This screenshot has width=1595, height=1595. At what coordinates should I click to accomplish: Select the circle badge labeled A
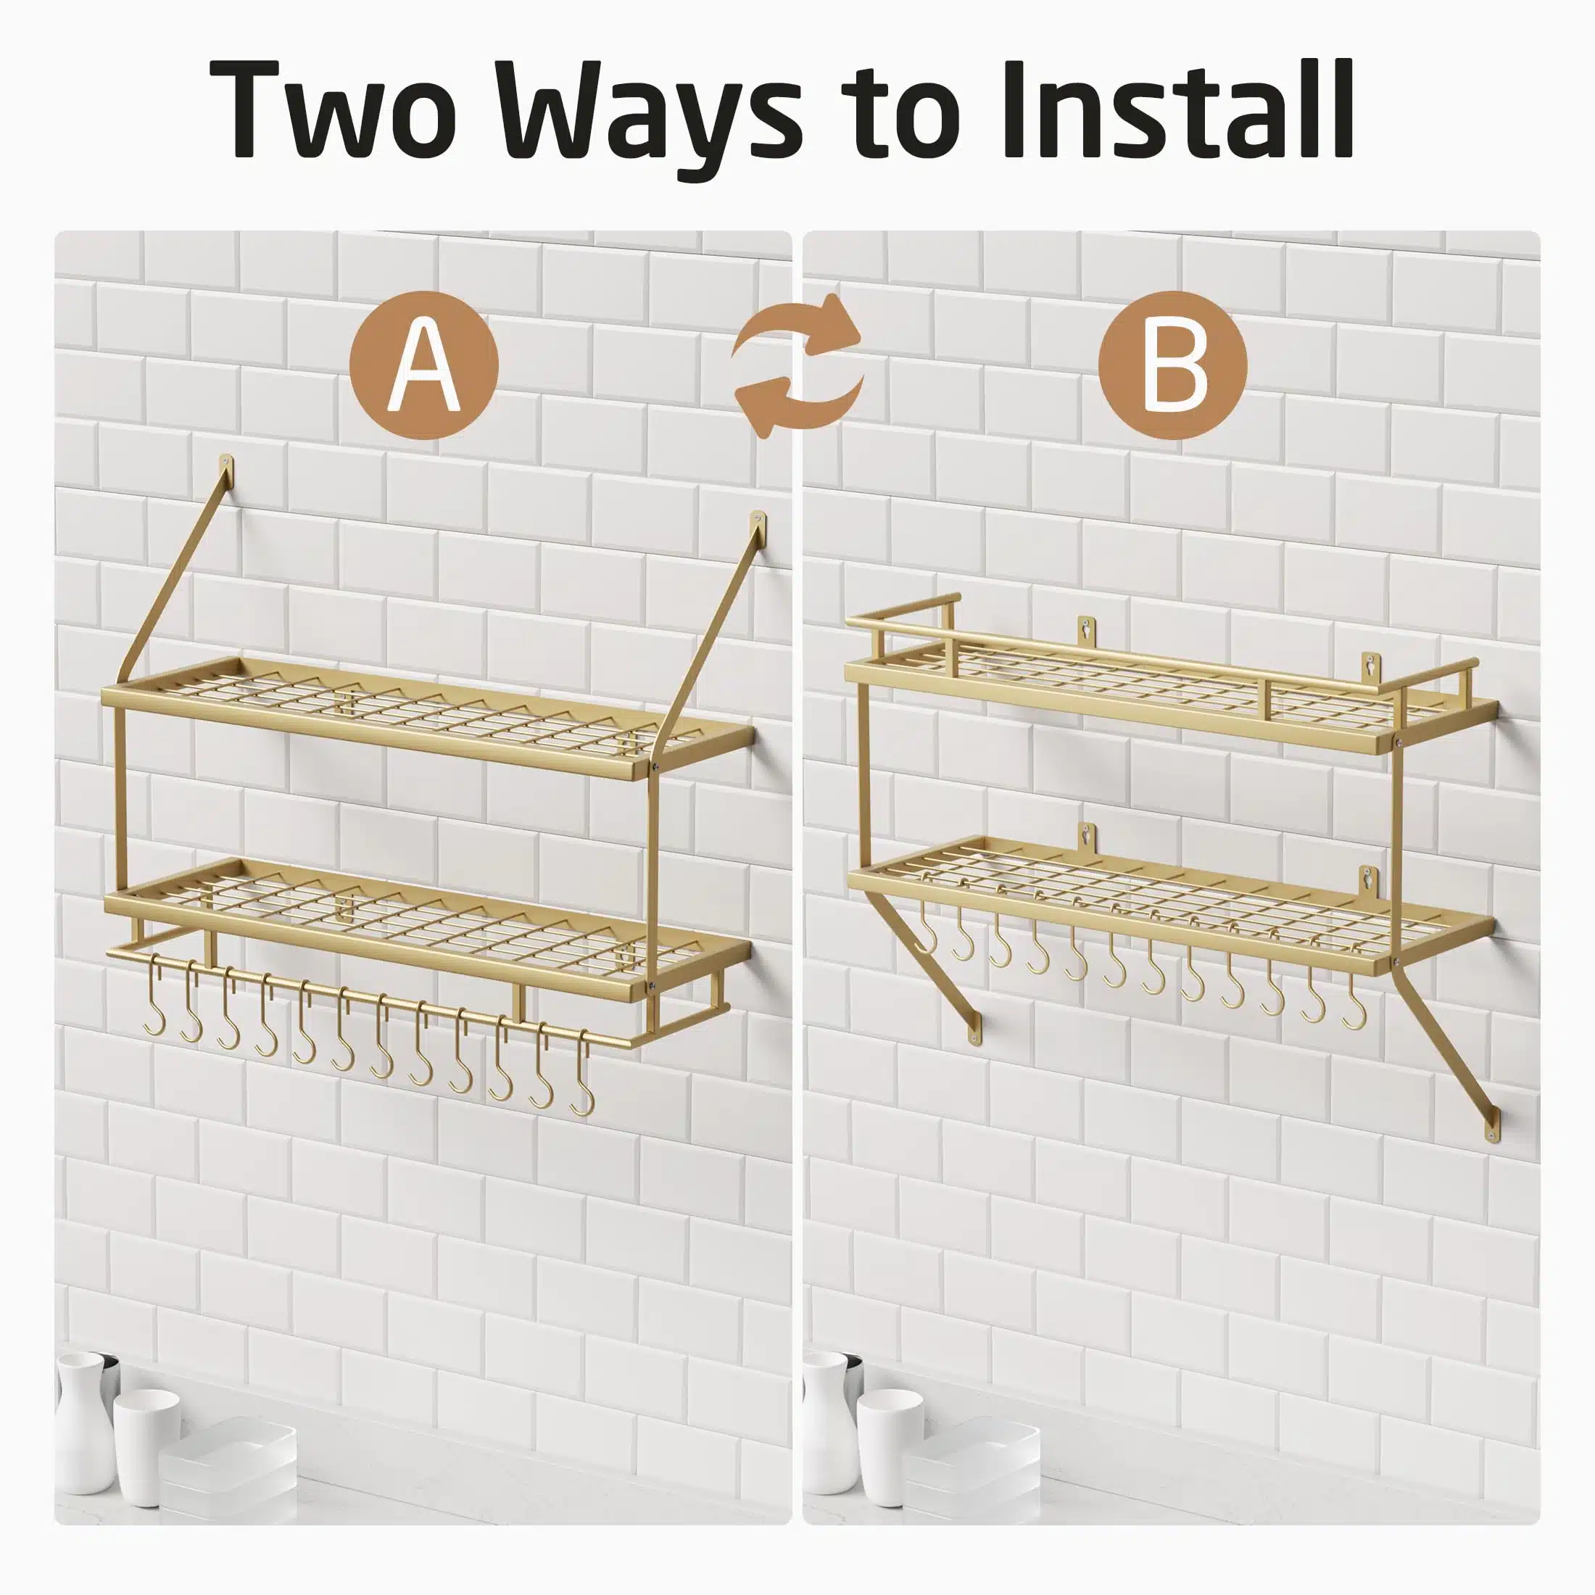(423, 365)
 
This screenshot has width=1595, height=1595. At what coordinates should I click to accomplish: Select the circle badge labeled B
(1172, 365)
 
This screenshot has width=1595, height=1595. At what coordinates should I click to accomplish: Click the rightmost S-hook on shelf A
(582, 1073)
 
